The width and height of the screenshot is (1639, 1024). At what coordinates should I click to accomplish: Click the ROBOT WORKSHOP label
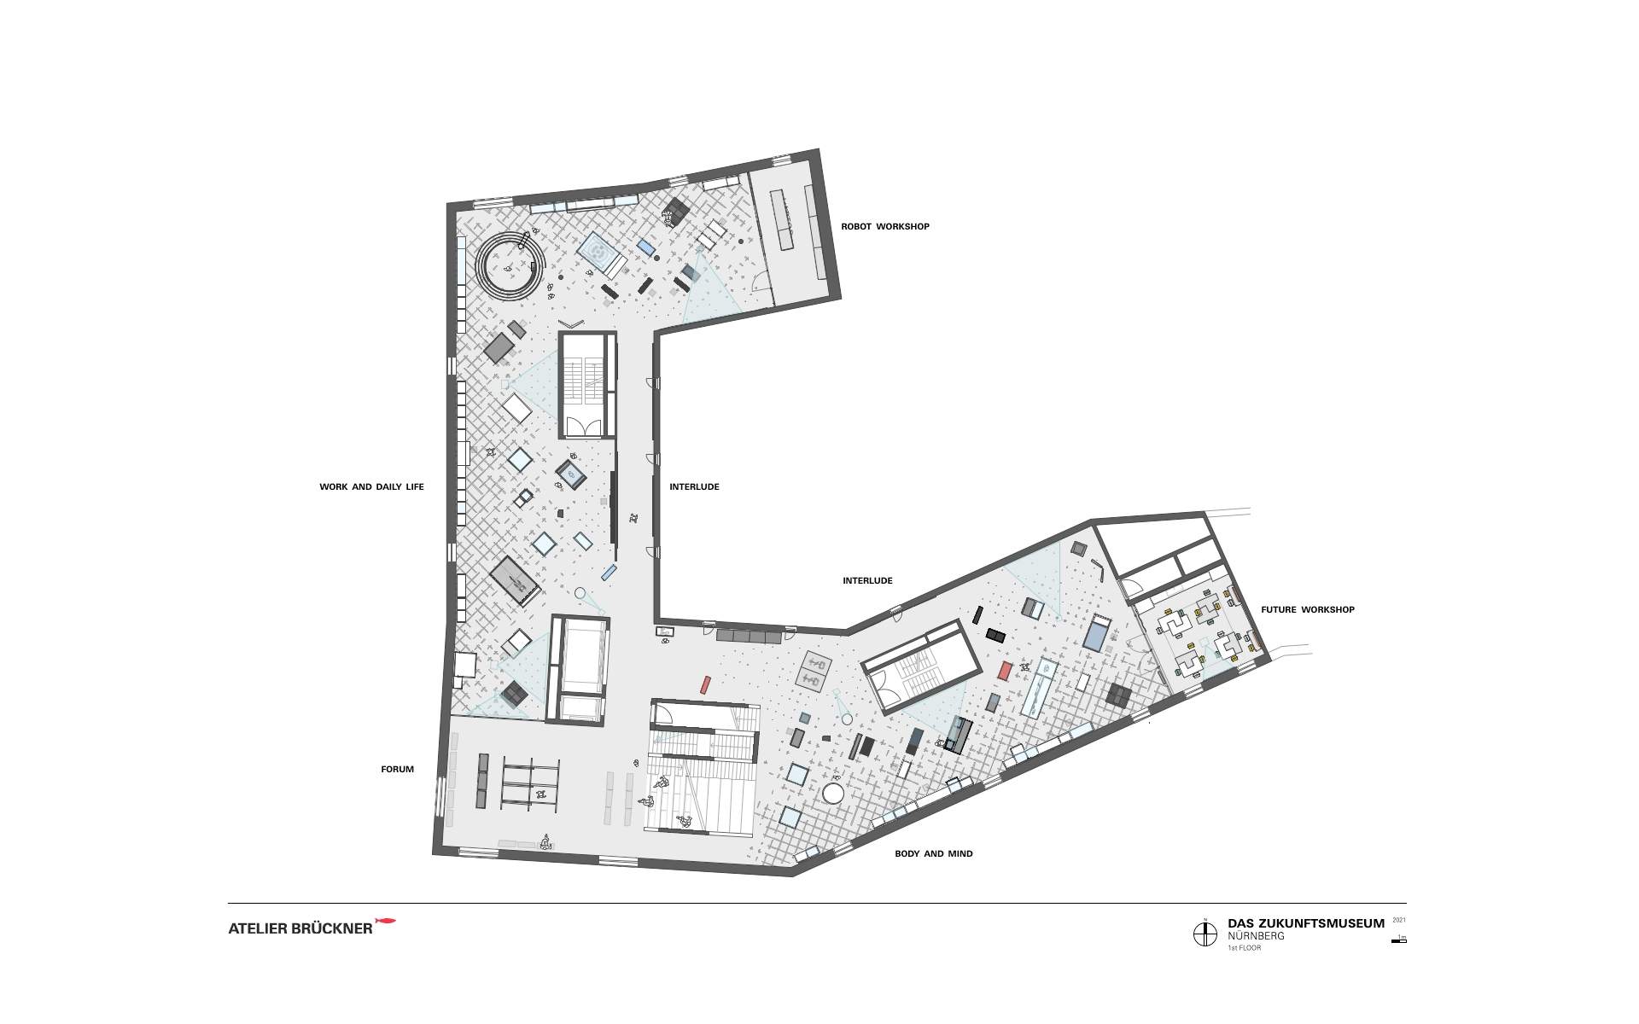point(884,227)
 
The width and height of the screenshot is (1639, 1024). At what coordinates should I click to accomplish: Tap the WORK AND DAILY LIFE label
point(371,487)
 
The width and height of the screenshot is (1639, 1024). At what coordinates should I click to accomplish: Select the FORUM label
point(397,770)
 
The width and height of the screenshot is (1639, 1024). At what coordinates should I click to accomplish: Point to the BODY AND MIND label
point(933,853)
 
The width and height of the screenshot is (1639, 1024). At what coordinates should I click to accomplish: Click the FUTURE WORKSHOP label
point(1307,610)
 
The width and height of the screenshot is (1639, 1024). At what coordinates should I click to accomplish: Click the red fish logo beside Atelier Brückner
point(387,922)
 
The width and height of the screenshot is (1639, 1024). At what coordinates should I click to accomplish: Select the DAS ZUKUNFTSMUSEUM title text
point(1306,923)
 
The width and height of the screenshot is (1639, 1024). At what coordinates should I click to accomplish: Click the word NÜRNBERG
point(1256,936)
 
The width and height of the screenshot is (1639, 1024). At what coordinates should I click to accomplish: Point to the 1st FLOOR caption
point(1244,948)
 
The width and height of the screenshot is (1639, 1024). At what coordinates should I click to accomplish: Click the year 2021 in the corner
point(1398,920)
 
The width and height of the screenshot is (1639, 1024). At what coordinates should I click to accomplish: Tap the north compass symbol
point(1204,934)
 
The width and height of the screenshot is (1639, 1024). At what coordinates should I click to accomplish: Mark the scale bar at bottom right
point(1398,940)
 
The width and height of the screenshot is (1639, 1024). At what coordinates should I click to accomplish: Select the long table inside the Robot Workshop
point(781,219)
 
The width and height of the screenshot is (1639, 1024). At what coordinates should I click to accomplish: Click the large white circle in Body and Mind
point(833,794)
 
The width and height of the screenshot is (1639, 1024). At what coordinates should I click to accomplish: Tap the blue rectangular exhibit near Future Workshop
point(1095,636)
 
